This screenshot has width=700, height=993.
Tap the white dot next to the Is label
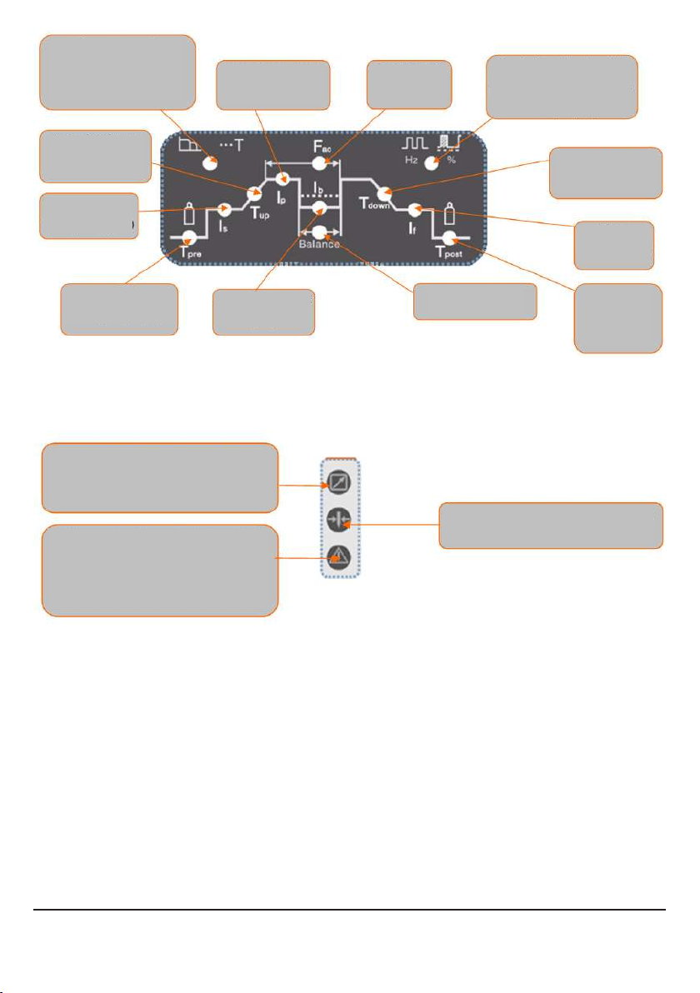click(x=225, y=208)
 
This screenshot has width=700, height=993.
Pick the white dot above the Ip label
click(x=282, y=179)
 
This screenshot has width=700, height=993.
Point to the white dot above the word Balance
click(x=319, y=232)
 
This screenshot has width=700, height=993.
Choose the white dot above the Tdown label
click(x=383, y=192)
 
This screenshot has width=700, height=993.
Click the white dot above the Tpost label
click(x=450, y=238)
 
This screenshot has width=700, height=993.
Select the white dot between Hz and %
click(x=432, y=162)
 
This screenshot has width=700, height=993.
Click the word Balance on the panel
click(x=319, y=244)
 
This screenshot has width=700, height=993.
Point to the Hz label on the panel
click(x=411, y=160)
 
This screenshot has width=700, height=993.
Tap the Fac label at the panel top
click(x=322, y=147)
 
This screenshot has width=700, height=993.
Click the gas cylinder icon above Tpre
click(x=189, y=214)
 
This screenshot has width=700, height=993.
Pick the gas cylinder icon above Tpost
click(x=450, y=214)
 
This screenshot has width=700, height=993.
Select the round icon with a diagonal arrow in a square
click(x=339, y=486)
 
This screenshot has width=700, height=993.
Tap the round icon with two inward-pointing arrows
click(x=339, y=522)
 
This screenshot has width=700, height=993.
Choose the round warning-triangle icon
click(x=339, y=557)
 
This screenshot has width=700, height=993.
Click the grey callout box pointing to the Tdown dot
click(x=606, y=173)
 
